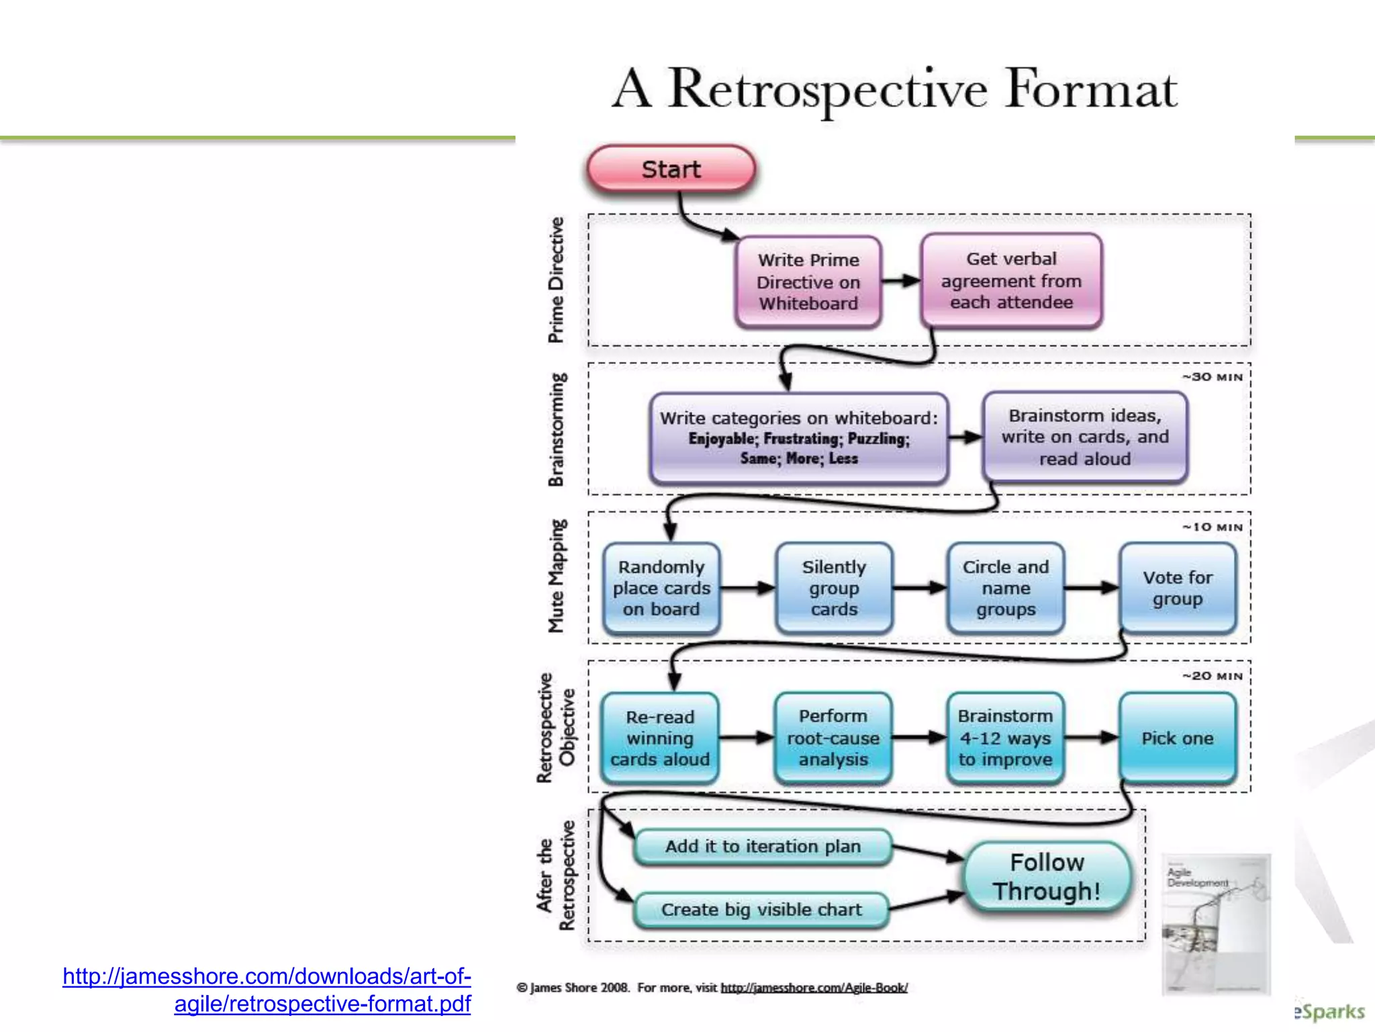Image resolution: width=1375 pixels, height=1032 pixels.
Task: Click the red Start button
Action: [x=671, y=169]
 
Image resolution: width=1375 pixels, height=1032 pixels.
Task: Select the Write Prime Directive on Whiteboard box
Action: [x=808, y=282]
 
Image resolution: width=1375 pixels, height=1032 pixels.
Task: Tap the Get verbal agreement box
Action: [x=1011, y=281]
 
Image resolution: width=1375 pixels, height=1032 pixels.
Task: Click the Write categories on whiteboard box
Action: [x=798, y=438]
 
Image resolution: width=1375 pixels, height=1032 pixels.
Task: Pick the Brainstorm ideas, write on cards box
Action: [x=1084, y=437]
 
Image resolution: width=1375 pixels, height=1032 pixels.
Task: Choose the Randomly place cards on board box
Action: [x=661, y=588]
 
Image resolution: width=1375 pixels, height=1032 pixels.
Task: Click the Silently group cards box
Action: [x=834, y=588]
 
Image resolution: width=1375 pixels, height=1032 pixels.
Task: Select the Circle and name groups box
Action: [x=1006, y=588]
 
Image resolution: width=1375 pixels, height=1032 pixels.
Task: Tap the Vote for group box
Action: [x=1178, y=588]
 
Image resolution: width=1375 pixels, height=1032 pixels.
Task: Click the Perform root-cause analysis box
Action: [x=833, y=738]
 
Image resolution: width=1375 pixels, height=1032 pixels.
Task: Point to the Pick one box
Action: [x=1178, y=738]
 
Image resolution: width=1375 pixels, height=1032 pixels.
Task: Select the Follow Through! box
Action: [x=1047, y=877]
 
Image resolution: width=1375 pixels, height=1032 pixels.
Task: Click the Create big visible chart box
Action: [x=761, y=910]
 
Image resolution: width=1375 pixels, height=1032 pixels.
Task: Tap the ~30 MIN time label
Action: [x=1213, y=377]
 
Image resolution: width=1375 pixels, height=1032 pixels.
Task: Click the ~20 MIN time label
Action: [x=1213, y=676]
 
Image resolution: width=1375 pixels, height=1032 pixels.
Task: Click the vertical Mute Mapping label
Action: [x=557, y=576]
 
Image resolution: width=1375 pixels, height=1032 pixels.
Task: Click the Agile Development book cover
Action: [x=1216, y=924]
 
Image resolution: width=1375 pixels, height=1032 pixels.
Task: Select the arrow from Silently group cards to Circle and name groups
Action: [x=919, y=588]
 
